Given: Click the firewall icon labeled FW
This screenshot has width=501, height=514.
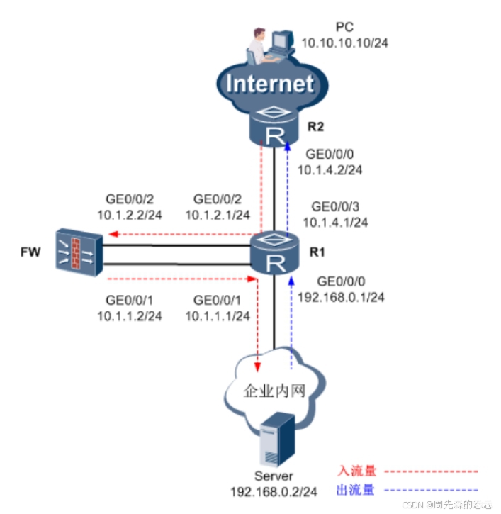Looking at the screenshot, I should point(78,252).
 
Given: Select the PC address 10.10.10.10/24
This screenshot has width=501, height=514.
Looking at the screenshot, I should point(344,43).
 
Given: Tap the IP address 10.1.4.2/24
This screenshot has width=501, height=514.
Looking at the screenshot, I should point(330,169).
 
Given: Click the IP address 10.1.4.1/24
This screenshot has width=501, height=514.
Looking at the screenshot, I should point(336,222).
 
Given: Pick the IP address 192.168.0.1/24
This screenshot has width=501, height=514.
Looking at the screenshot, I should point(342,297).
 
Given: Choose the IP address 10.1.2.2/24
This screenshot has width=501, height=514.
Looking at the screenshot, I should point(130,214).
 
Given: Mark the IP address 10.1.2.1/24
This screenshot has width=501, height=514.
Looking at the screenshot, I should point(218,214).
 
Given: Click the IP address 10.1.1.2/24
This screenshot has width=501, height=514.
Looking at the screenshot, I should point(130,315).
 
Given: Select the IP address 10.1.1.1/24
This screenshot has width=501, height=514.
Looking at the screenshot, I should point(218,315).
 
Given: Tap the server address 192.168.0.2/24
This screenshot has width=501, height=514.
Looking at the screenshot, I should point(273,491).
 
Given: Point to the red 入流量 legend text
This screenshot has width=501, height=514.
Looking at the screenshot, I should point(356,471).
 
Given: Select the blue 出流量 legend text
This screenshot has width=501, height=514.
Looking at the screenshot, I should point(356,489).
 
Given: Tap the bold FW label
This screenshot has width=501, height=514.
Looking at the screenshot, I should point(30,252).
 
